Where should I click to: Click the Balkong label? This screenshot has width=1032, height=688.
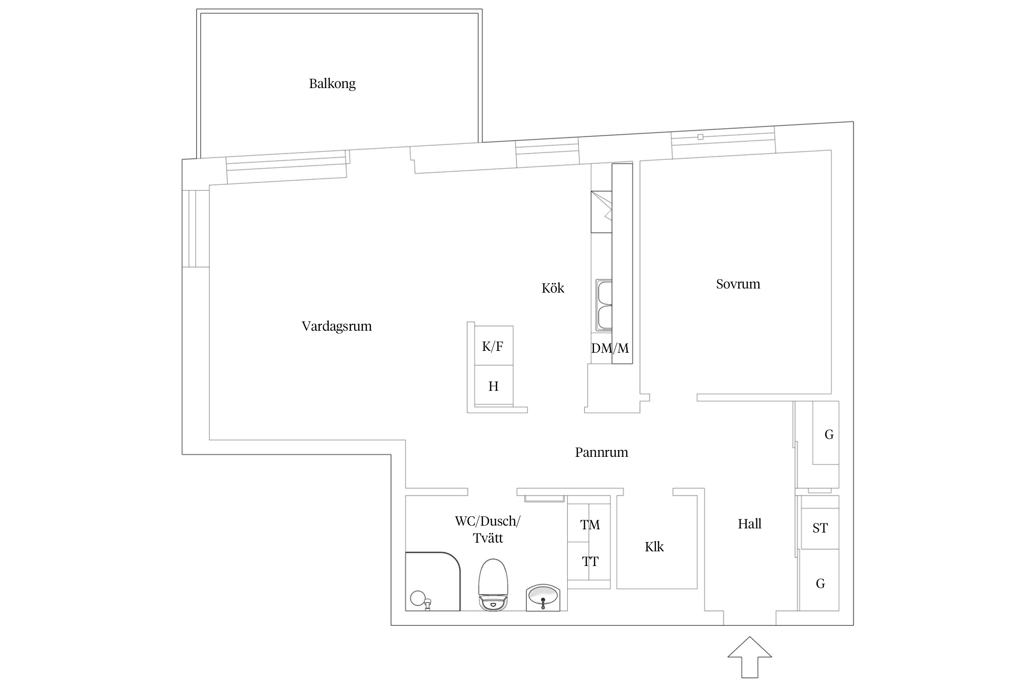pyautogui.click(x=332, y=84)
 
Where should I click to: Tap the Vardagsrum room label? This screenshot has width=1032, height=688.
pyautogui.click(x=337, y=327)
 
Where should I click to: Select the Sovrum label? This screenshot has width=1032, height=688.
pyautogui.click(x=738, y=284)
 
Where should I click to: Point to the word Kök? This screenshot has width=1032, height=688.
pyautogui.click(x=553, y=289)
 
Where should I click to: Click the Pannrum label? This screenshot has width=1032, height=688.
pyautogui.click(x=601, y=453)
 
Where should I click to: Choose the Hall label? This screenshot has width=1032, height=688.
pyautogui.click(x=749, y=524)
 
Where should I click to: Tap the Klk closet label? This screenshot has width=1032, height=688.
pyautogui.click(x=654, y=547)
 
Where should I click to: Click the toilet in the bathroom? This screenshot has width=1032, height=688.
pyautogui.click(x=494, y=585)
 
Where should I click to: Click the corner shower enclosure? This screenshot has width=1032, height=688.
pyautogui.click(x=432, y=582)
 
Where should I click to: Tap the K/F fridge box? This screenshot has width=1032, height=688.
pyautogui.click(x=493, y=346)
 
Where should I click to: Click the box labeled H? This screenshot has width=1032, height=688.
pyautogui.click(x=494, y=386)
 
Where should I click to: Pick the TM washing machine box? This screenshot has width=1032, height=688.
pyautogui.click(x=589, y=525)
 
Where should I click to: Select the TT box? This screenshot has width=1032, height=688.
pyautogui.click(x=589, y=561)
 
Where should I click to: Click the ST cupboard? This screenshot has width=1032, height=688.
pyautogui.click(x=820, y=528)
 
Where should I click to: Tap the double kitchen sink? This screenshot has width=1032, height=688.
pyautogui.click(x=604, y=305)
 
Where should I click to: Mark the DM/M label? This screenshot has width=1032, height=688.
pyautogui.click(x=610, y=349)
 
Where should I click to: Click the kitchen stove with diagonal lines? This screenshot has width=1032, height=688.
pyautogui.click(x=601, y=212)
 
